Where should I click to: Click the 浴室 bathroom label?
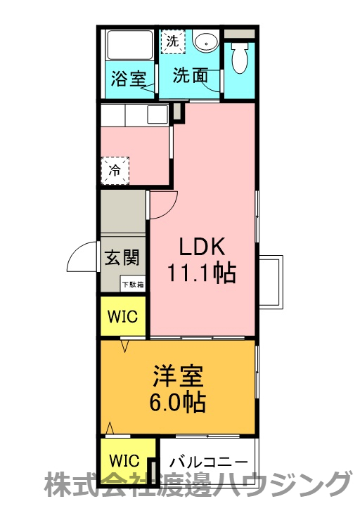pyautogui.click(x=129, y=78)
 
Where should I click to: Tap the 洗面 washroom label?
pyautogui.click(x=191, y=75)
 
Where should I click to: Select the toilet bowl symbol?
pyautogui.click(x=240, y=58)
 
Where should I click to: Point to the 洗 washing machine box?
pyautogui.click(x=173, y=41)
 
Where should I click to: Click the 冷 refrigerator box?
pyautogui.click(x=115, y=170)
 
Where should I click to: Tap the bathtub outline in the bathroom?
pyautogui.click(x=130, y=44)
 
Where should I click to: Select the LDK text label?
pyautogui.click(x=202, y=247)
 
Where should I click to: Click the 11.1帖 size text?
pyautogui.click(x=201, y=273)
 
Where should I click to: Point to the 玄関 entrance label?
pyautogui.click(x=122, y=257)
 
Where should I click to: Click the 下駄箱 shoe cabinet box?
pyautogui.click(x=133, y=285)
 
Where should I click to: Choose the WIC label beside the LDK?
pyautogui.click(x=122, y=316)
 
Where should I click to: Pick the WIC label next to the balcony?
pyautogui.click(x=124, y=460)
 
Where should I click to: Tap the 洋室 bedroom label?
pyautogui.click(x=178, y=376)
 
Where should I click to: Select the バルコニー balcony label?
pyautogui.click(x=209, y=462)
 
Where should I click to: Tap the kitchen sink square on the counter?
pyautogui.click(x=157, y=115)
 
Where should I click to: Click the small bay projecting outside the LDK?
pyautogui.click(x=271, y=282)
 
